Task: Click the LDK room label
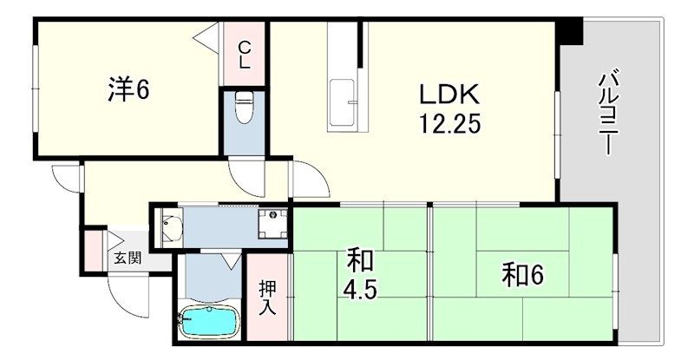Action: click(x=449, y=95)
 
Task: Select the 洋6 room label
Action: click(x=128, y=90)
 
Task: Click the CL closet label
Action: click(x=245, y=54)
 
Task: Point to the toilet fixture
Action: click(x=244, y=107)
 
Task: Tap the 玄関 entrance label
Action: click(x=128, y=258)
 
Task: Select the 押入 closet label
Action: click(x=268, y=299)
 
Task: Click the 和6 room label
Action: click(x=522, y=276)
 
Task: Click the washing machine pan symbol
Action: click(x=272, y=224)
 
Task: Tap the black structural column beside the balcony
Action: click(x=571, y=31)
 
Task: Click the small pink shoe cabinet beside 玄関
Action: click(x=94, y=251)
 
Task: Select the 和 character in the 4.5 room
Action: click(x=360, y=260)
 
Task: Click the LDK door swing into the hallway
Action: click(x=310, y=179)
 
